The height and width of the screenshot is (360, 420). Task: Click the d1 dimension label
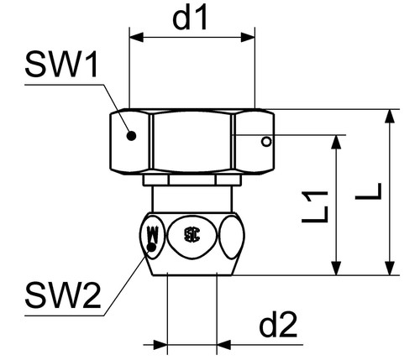click(190, 18)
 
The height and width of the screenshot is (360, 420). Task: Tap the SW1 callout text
click(61, 65)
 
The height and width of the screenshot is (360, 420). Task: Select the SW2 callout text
click(63, 295)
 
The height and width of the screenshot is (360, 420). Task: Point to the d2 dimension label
click(278, 325)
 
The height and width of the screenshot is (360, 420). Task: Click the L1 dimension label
click(315, 207)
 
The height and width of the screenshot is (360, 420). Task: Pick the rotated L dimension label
click(368, 191)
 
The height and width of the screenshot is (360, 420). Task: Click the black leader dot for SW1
click(131, 136)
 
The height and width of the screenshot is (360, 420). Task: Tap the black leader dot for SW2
click(151, 247)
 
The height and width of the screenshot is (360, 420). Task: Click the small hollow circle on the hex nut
click(266, 142)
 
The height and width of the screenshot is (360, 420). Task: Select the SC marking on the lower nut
click(192, 235)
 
